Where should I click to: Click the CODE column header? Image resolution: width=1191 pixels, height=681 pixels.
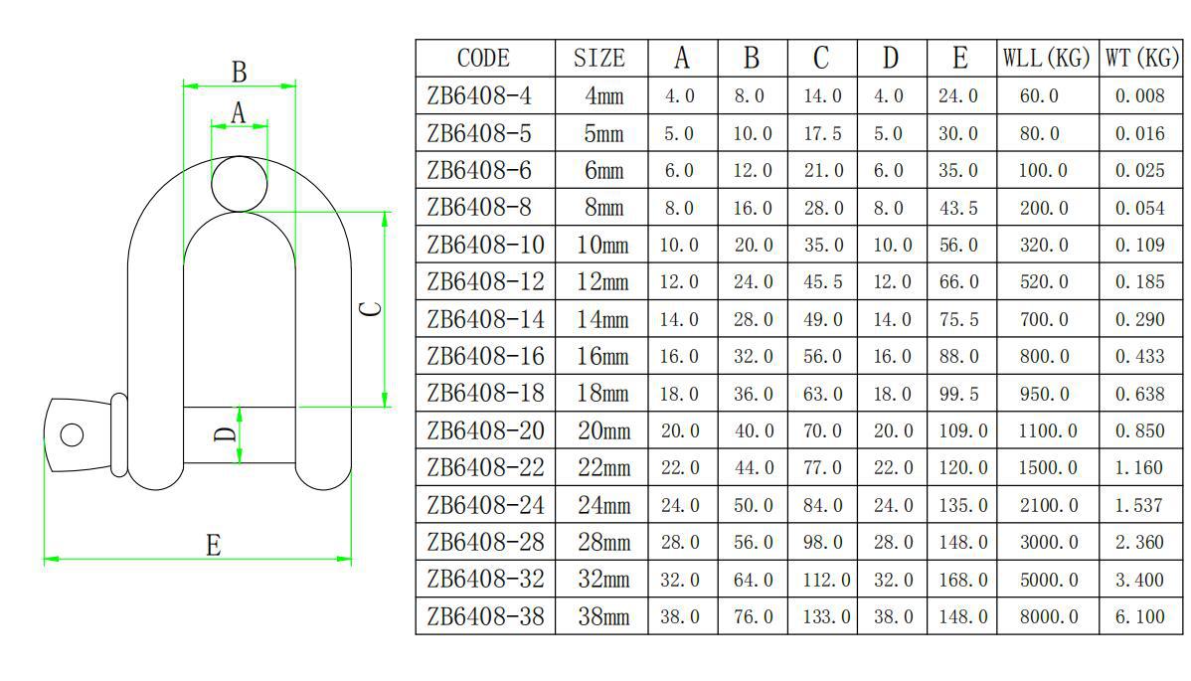[483, 59]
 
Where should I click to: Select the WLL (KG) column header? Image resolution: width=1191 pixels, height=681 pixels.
[1047, 58]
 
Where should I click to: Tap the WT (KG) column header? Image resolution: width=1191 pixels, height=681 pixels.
[1142, 58]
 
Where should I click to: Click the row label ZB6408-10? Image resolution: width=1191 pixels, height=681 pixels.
[485, 245]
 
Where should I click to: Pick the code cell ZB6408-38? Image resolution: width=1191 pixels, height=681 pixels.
[485, 616]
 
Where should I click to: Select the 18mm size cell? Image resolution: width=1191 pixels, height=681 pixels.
[602, 394]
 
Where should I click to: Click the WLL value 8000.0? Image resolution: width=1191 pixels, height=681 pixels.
[1048, 616]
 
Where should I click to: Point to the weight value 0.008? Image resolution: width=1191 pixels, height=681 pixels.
[1139, 95]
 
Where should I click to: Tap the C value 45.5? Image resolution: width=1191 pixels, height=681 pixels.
[823, 281]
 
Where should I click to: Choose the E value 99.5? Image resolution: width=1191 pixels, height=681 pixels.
[958, 394]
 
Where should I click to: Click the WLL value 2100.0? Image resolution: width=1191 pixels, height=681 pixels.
[1048, 505]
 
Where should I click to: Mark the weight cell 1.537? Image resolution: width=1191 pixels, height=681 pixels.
[1139, 505]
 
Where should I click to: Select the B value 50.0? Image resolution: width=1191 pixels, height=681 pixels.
[753, 505]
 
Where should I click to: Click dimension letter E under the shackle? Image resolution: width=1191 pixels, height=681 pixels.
[214, 545]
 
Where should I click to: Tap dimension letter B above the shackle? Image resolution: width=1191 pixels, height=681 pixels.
[240, 73]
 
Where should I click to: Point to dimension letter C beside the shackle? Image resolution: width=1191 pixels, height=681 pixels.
[371, 308]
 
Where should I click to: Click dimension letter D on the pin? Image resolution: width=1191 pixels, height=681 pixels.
[225, 434]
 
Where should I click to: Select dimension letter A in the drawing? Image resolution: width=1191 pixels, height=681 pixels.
[239, 112]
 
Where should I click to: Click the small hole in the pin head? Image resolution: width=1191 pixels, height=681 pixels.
[73, 435]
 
